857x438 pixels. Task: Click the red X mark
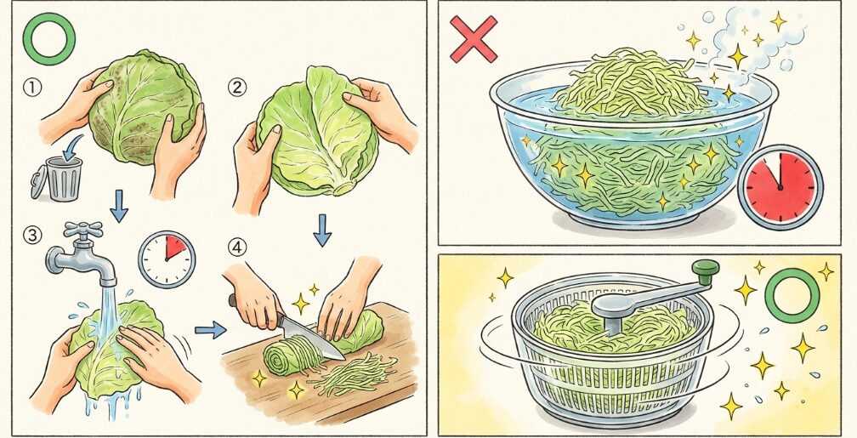coord(474,38)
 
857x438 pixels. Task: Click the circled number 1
coord(32,88)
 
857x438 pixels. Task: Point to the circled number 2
coord(236,88)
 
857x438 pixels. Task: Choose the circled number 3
coord(32,236)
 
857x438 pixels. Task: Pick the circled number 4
coord(236,247)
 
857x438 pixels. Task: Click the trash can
coord(64,179)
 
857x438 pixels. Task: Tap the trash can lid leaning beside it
coord(37,182)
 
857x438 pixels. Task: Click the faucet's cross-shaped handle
coord(82,230)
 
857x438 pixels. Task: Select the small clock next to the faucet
coord(166,259)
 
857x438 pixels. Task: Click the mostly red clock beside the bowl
coord(780,187)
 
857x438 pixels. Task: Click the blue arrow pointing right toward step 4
coord(211,330)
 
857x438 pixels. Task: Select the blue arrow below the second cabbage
coord(322,230)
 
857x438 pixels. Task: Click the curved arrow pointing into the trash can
coord(71,148)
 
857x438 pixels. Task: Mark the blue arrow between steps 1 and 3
coord(118,206)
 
